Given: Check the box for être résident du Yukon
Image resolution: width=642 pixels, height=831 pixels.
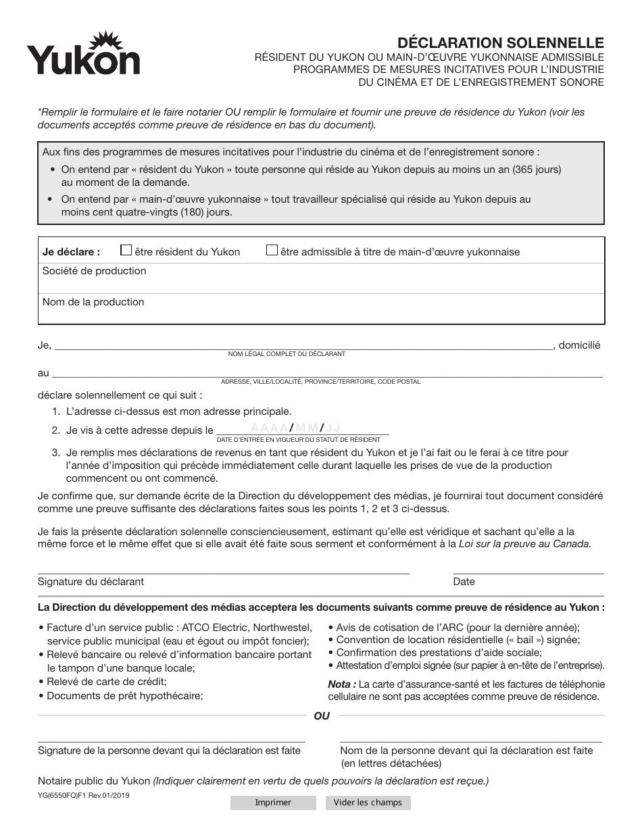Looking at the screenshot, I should click(x=126, y=251).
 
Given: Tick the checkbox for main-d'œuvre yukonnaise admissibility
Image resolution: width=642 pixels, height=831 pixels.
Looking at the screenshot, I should click(x=272, y=251).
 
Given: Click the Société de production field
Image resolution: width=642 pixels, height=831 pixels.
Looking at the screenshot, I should click(x=321, y=278).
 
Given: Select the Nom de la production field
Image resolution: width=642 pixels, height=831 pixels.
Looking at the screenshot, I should click(x=321, y=309).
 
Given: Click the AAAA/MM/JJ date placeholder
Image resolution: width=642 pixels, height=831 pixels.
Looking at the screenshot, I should click(x=296, y=428).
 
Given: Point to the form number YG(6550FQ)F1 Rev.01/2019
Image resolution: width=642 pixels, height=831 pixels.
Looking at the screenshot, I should click(x=84, y=796).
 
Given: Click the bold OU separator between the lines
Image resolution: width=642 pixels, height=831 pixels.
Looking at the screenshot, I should click(x=322, y=715).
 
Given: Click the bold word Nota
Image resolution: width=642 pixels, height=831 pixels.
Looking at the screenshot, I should click(x=342, y=684).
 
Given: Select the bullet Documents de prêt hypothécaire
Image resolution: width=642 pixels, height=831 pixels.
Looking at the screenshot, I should click(x=121, y=695).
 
